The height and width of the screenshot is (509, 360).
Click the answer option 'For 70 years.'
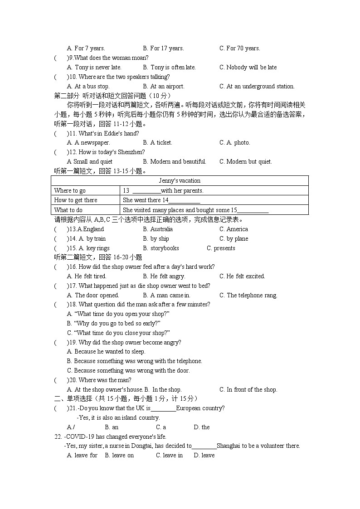click(239, 48)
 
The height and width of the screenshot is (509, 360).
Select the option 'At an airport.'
click(164, 87)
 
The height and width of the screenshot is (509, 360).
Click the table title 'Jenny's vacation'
click(180, 181)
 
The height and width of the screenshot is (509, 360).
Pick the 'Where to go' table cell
click(70, 191)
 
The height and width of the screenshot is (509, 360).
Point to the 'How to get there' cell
click(76, 200)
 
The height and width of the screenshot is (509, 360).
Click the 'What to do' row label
click(68, 210)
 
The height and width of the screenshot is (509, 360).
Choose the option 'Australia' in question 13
click(158, 229)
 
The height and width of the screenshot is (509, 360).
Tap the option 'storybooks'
click(161, 248)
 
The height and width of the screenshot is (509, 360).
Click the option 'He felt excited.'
click(242, 276)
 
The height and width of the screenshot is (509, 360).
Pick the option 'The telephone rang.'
click(248, 296)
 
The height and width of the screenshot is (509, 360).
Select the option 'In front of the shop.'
click(248, 390)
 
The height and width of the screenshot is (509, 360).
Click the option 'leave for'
click(82, 456)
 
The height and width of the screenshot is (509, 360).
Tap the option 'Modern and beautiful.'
click(175, 162)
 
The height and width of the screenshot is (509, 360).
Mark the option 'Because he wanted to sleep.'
click(106, 352)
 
